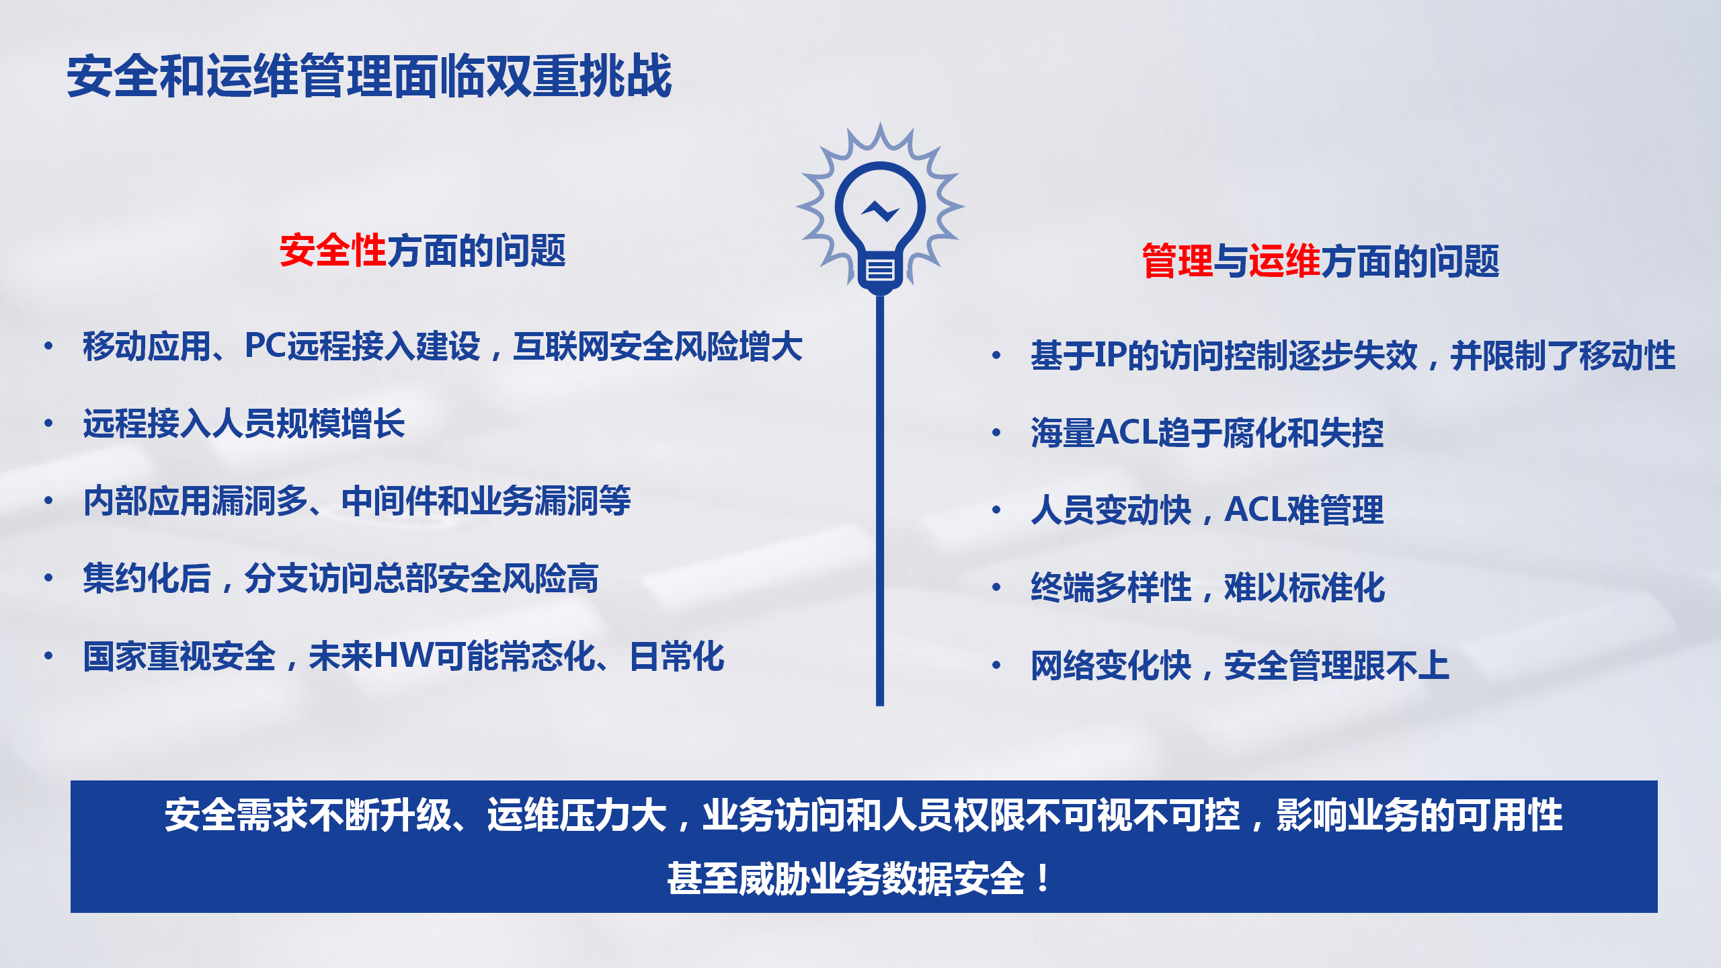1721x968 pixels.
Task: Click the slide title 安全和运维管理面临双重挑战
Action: pos(369,76)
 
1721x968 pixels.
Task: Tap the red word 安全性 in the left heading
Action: pos(333,250)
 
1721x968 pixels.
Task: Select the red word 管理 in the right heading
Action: pos(1177,261)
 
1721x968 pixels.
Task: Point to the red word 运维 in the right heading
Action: pos(1285,261)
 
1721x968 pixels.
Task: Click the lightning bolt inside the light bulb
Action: pos(880,212)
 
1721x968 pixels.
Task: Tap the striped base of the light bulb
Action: pos(880,270)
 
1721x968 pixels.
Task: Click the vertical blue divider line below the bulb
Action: pos(880,500)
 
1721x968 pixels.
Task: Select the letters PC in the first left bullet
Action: pos(266,346)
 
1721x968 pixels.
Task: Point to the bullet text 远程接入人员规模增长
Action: pos(244,424)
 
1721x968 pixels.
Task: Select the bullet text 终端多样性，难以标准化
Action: pos(1208,587)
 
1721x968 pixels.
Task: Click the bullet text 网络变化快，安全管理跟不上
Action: pos(1240,665)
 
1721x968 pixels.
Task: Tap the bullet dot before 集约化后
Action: pos(48,577)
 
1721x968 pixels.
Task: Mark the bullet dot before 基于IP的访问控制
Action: pos(996,355)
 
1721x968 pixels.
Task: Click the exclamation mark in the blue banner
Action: pos(1043,879)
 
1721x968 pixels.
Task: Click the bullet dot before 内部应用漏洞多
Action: pos(48,500)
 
